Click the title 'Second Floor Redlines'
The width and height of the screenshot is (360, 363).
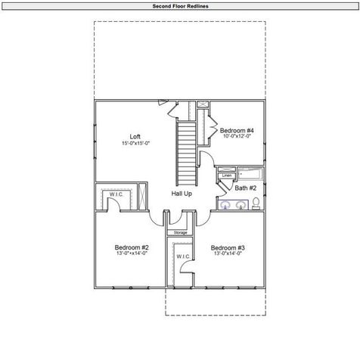tap(179, 5)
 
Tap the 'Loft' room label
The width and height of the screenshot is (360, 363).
tap(135, 137)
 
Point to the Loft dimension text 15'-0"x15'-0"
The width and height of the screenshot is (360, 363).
tap(135, 144)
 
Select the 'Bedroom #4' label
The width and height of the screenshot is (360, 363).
tap(237, 130)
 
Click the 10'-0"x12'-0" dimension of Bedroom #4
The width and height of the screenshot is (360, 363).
tap(237, 137)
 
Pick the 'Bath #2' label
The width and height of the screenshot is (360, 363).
tap(246, 188)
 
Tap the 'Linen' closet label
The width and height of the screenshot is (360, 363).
tap(226, 175)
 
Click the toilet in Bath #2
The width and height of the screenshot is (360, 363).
tap(256, 202)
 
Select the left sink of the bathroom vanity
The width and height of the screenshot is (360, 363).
tap(225, 203)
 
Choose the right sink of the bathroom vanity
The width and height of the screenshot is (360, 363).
tap(240, 203)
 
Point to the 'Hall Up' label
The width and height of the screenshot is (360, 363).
tap(182, 194)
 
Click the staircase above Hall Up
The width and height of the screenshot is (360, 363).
tap(186, 151)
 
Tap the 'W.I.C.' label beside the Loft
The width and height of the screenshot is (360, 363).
tap(116, 194)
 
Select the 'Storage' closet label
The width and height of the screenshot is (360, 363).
tap(181, 232)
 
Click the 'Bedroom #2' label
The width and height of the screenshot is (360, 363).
tap(132, 248)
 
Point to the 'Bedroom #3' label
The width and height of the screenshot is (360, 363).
tap(228, 248)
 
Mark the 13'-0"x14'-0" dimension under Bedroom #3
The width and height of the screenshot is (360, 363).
tap(228, 255)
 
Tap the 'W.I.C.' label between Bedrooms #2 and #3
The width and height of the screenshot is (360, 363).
tap(184, 257)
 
